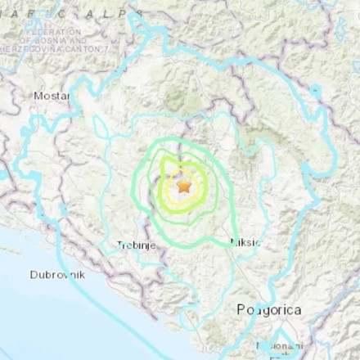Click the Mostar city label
51,96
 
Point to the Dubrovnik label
57,275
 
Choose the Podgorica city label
268,310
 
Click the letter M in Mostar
38,96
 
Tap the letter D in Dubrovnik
34,275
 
